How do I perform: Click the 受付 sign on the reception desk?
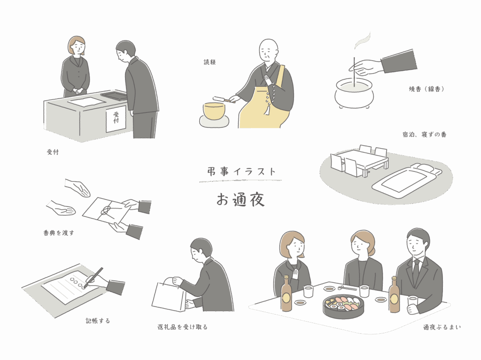[x=116, y=119]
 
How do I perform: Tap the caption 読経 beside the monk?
[x=210, y=62]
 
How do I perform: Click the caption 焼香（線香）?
[x=427, y=89]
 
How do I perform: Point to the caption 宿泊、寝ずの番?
[x=425, y=135]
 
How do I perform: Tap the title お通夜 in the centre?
[x=240, y=200]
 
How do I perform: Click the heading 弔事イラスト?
[x=241, y=172]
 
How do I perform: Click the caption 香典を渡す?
[x=59, y=232]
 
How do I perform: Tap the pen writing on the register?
[x=93, y=277]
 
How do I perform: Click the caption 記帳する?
[x=98, y=321]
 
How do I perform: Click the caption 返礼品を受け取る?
[x=183, y=327]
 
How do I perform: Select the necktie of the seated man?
[x=416, y=271]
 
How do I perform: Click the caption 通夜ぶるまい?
[x=442, y=327]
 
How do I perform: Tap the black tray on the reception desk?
[x=114, y=95]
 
